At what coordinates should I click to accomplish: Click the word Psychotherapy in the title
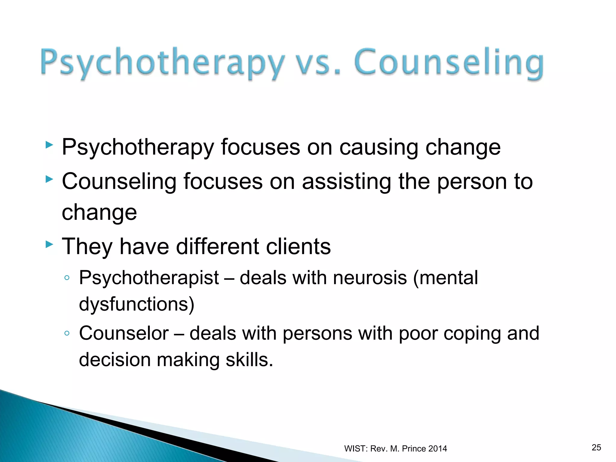point(162,63)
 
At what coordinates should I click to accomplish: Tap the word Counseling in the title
point(449,63)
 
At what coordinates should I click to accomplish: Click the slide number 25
point(596,447)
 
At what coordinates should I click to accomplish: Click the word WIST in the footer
point(355,448)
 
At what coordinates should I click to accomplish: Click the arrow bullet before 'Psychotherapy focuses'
point(49,145)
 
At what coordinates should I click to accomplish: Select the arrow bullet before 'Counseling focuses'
point(49,180)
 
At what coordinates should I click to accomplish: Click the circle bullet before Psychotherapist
point(67,278)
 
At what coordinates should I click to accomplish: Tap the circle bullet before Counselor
point(67,333)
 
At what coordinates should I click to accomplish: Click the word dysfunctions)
point(137,304)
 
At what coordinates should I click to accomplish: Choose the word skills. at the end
point(249,359)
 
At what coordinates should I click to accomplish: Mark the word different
point(217,246)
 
